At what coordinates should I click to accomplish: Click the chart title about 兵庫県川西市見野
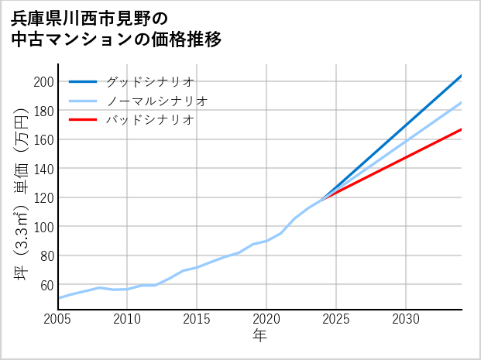(116, 28)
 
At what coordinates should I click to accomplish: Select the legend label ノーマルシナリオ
(156, 101)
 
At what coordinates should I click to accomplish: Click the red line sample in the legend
(83, 120)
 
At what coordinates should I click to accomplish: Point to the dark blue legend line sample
(83, 81)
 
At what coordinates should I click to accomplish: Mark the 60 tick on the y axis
(46, 284)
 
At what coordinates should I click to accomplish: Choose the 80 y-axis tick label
(46, 255)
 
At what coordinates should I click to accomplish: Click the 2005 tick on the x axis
(58, 319)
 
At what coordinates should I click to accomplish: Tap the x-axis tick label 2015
(197, 319)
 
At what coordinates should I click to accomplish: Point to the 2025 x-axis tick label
(336, 319)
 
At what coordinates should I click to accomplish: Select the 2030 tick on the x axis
(406, 319)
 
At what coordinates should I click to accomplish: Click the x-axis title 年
(259, 336)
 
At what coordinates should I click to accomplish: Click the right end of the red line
(462, 129)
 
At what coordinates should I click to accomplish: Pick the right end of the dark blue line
(462, 75)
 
